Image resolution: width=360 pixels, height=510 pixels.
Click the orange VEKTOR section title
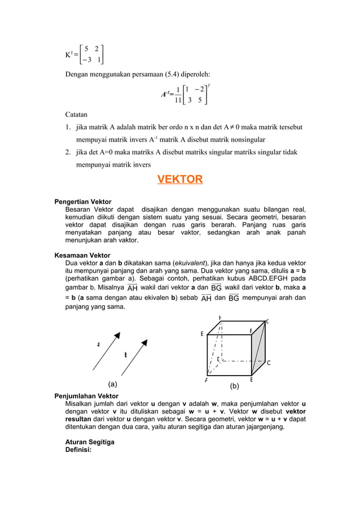(179, 180)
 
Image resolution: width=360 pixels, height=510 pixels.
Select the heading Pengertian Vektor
(82, 202)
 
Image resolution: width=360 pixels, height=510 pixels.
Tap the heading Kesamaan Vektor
(82, 255)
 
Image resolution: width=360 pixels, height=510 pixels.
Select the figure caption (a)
(113, 384)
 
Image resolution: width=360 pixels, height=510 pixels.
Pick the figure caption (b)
(235, 387)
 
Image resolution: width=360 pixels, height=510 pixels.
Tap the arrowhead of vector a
(118, 333)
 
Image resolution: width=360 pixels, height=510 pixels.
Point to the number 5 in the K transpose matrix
(86, 49)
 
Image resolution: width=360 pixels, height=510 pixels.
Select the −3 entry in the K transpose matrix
(84, 60)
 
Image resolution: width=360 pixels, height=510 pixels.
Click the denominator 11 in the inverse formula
(178, 101)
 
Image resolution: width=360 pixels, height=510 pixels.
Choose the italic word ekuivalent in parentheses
(190, 263)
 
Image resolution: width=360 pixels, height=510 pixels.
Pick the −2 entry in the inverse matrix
(197, 89)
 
